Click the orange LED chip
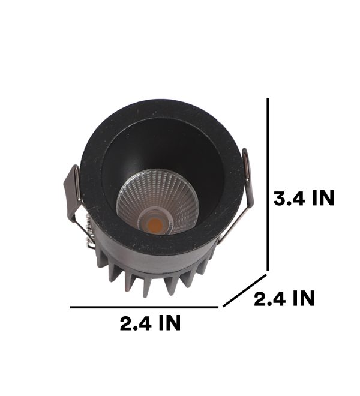155,224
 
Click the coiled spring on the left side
89,232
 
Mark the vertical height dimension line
268,184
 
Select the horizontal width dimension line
144,307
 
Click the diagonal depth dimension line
245,290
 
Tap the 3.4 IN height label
304,198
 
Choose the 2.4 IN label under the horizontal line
150,323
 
